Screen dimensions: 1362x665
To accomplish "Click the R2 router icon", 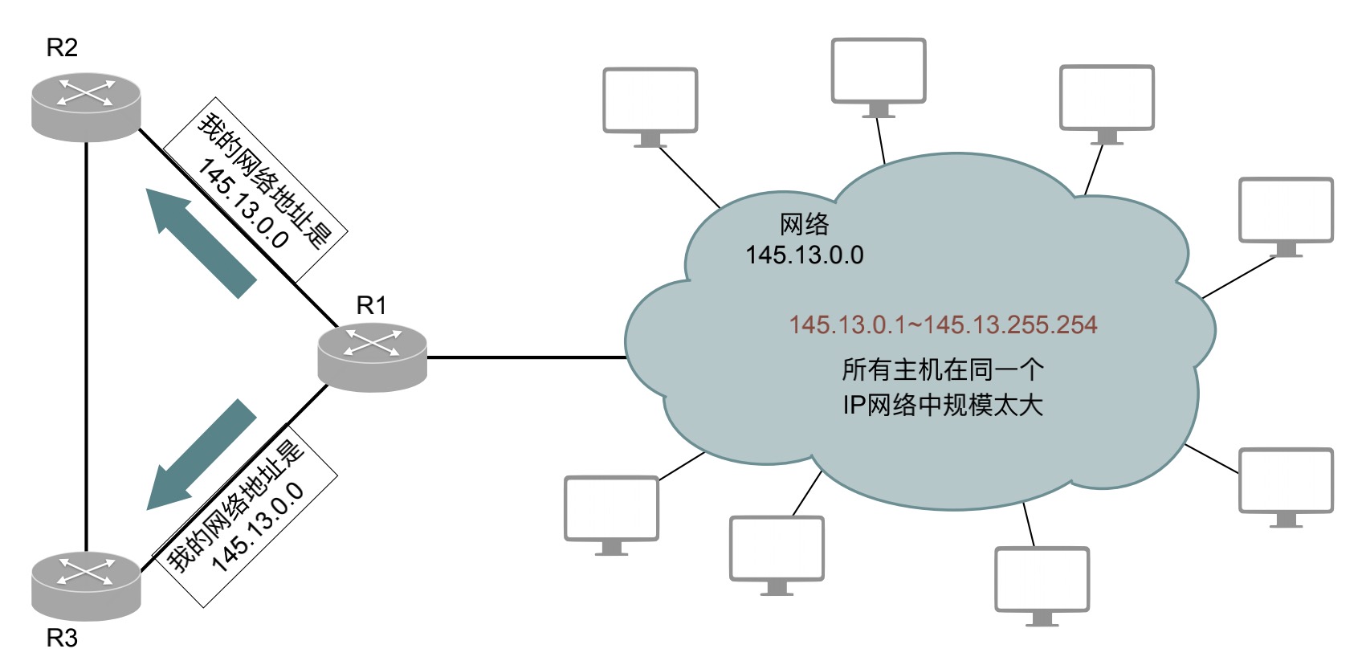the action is (86, 108).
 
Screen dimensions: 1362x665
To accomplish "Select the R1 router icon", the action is (372, 357).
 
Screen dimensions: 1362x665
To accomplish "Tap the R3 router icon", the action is (86, 586).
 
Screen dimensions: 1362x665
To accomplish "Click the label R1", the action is (371, 305).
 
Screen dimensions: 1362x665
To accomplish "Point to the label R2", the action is (62, 47).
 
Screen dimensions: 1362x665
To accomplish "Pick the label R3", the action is (62, 638).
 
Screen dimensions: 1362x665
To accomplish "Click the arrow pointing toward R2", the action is (201, 243).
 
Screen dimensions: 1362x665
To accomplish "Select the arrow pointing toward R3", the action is (201, 455).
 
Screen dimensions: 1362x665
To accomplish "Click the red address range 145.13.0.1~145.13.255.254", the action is (943, 324).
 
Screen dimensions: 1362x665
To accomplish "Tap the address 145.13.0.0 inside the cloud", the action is (805, 255).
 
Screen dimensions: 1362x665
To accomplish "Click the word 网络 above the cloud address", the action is (805, 224).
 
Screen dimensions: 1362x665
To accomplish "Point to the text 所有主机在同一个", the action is (943, 369).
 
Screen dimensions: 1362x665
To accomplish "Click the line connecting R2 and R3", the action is (87, 346).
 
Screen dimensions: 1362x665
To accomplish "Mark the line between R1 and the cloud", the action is (527, 357).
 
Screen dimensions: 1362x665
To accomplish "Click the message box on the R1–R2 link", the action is (256, 190).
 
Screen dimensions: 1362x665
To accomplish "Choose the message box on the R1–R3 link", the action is (244, 516).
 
